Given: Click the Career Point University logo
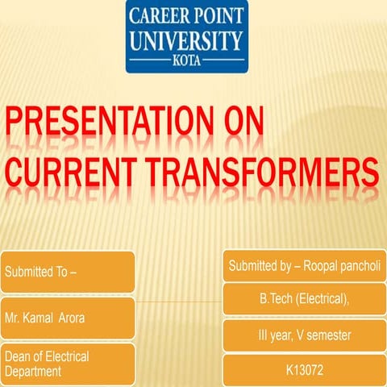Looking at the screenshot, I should coord(186,36).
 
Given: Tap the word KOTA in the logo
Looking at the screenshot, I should coord(186,60).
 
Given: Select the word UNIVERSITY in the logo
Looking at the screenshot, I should coord(186,40).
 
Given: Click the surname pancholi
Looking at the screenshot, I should coord(364,265).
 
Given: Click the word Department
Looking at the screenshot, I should coord(34,372).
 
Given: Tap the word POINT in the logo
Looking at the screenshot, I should coord(217,17).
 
